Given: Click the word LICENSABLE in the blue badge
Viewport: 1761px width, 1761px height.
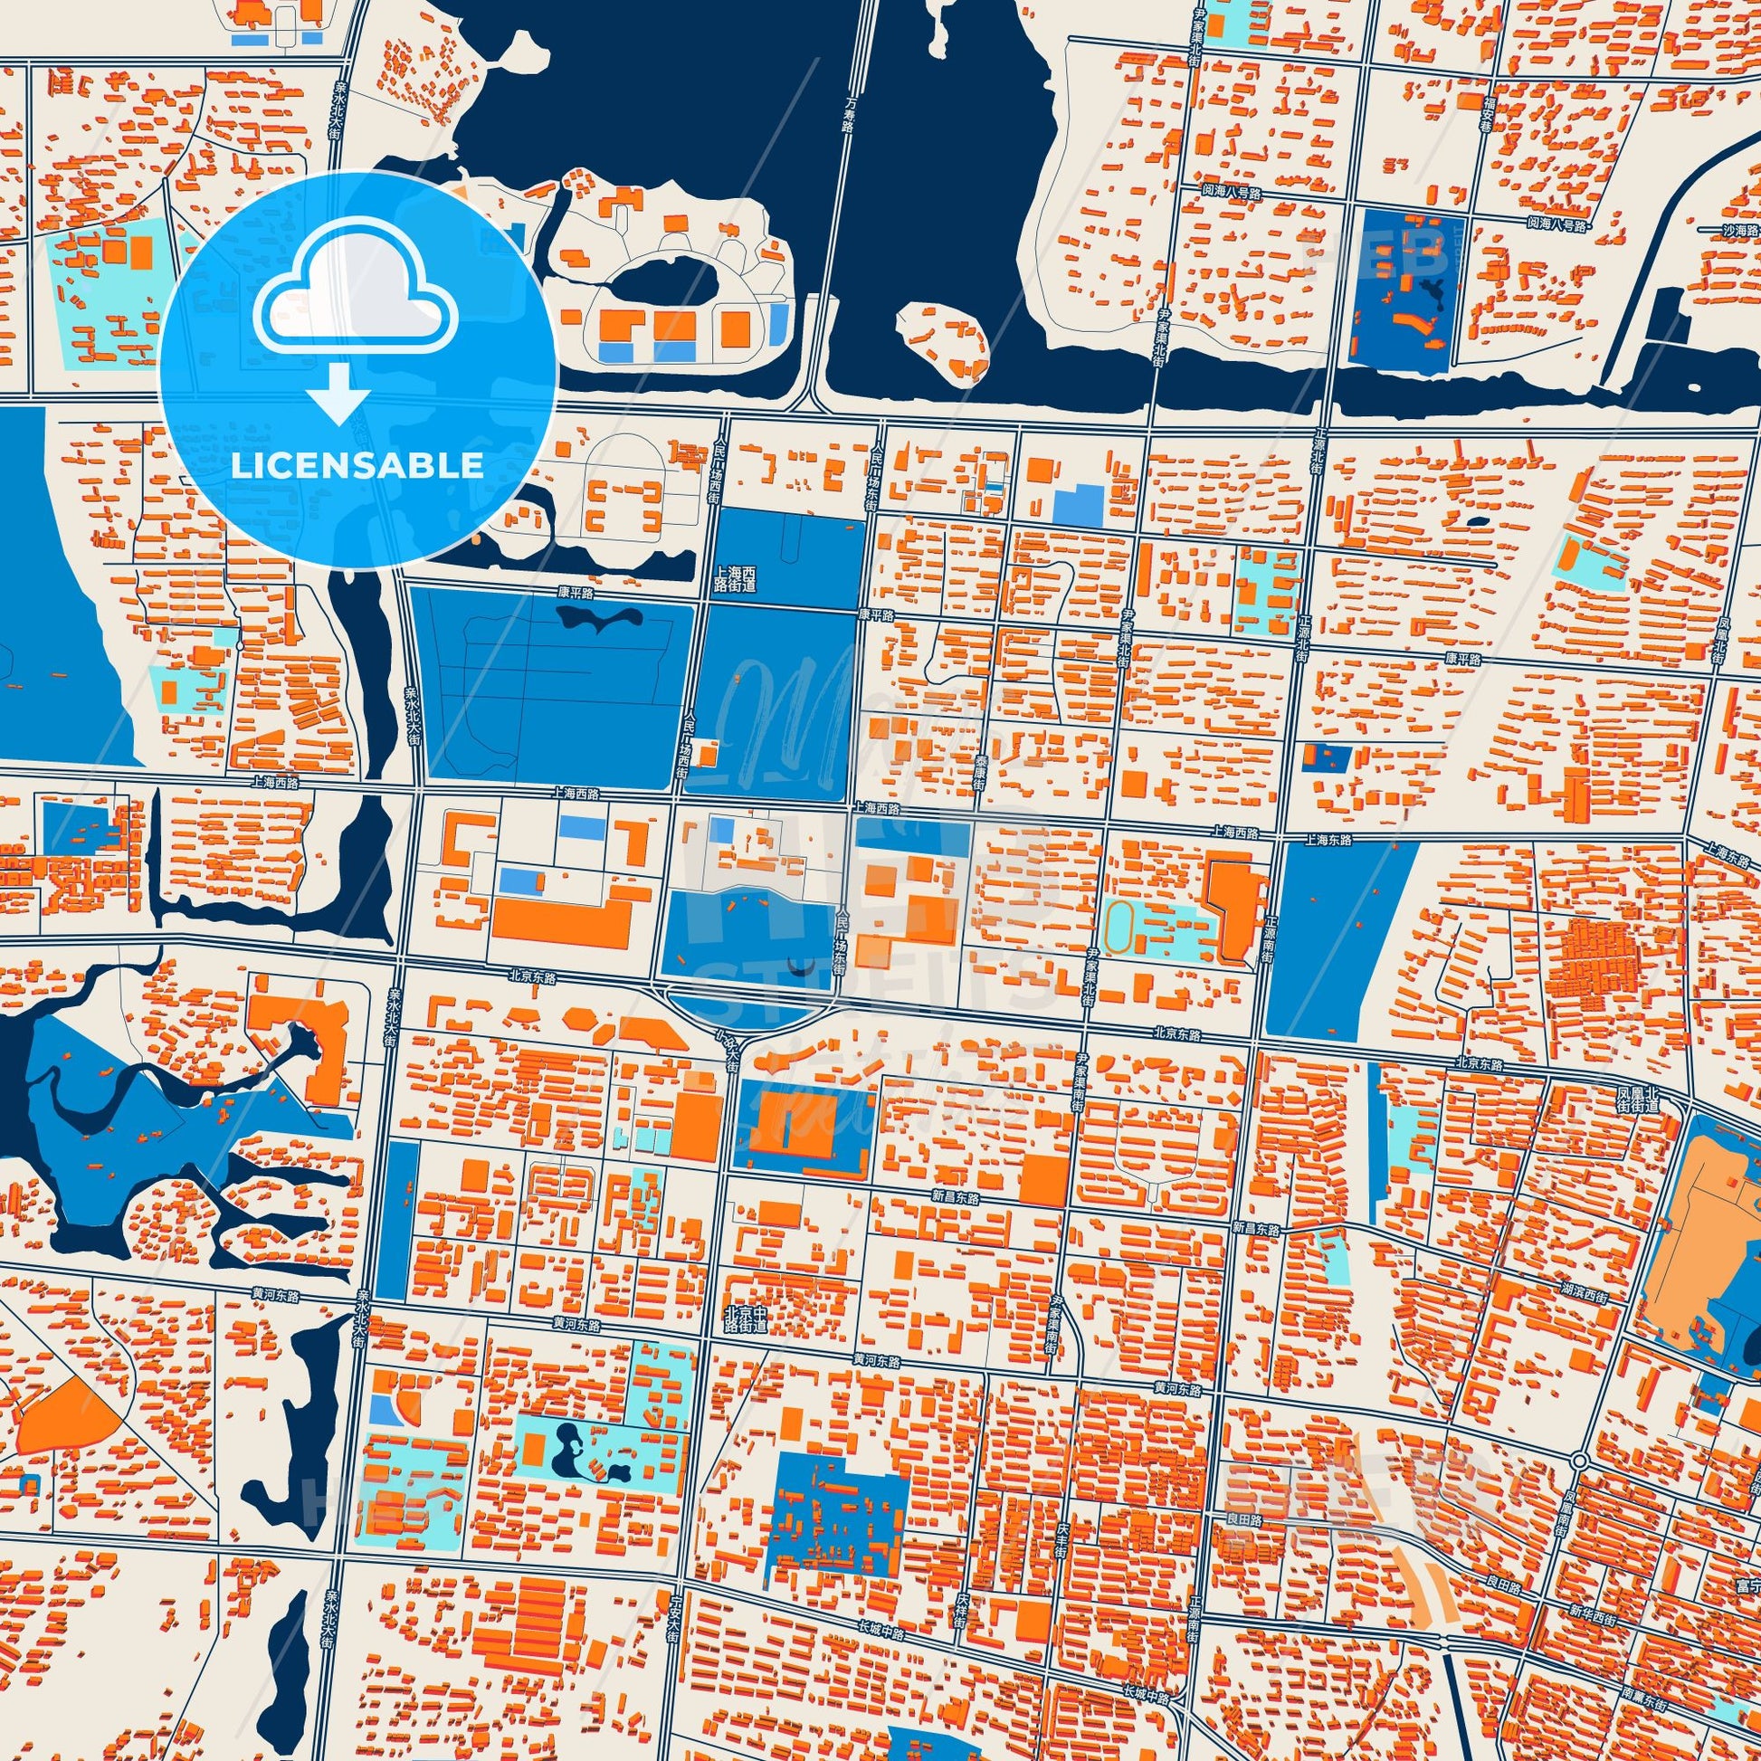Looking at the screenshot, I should point(357,466).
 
